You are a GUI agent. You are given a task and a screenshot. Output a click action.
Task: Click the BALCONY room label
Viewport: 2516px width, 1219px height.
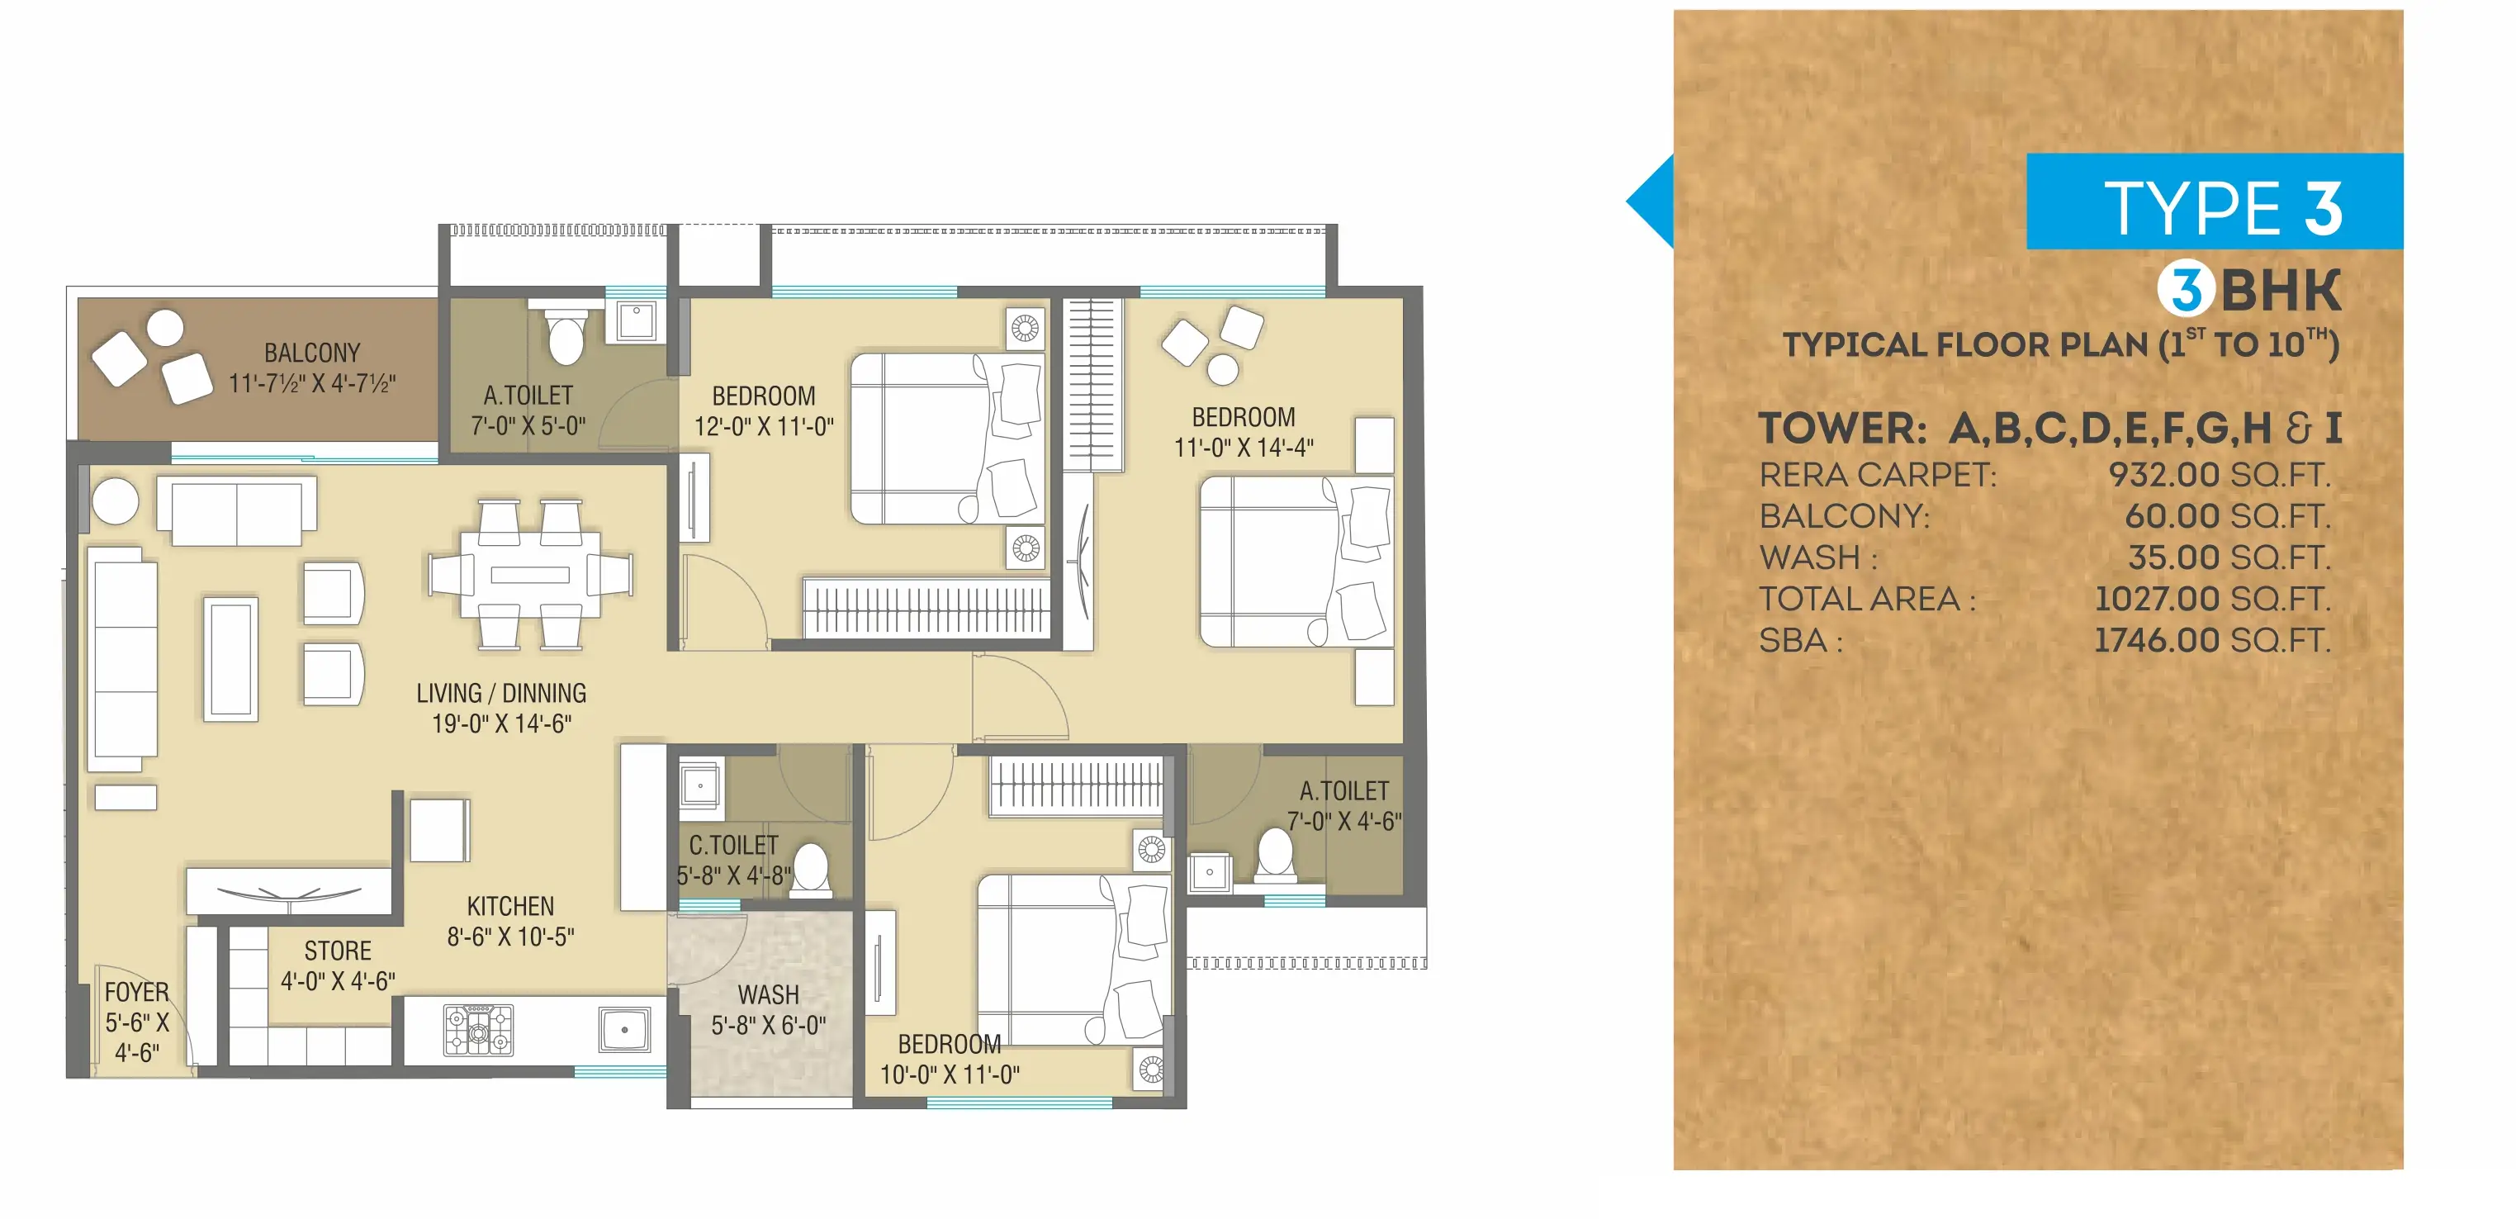click(x=311, y=353)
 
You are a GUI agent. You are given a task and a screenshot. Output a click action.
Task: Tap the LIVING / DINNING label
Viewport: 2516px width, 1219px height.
click(x=501, y=694)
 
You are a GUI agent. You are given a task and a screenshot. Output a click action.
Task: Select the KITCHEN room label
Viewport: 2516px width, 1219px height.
click(x=509, y=907)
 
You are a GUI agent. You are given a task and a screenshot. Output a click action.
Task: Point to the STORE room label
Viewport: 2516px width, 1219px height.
click(x=337, y=951)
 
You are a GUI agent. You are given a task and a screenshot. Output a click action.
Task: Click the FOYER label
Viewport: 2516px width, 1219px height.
click(x=137, y=993)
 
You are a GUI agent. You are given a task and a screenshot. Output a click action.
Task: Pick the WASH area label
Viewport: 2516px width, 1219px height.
click(x=768, y=995)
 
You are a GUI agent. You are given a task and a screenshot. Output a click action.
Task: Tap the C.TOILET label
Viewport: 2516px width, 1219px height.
click(x=733, y=846)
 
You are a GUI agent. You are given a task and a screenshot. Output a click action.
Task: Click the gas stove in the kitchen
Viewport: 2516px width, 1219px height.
click(x=479, y=1031)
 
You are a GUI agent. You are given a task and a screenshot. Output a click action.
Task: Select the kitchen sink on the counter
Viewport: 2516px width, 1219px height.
click(x=624, y=1030)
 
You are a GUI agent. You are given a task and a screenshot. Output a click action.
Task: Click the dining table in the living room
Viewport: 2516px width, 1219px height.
click(x=529, y=574)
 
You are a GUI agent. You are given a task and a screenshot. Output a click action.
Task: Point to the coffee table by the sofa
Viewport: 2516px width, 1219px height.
click(x=231, y=659)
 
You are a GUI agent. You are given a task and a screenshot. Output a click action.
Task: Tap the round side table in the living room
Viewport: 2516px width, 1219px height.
click(x=116, y=502)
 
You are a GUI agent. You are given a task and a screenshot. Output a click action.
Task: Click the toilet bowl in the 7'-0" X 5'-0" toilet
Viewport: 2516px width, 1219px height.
click(x=566, y=334)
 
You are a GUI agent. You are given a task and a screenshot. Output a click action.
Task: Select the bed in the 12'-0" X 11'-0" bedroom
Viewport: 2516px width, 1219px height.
click(x=946, y=439)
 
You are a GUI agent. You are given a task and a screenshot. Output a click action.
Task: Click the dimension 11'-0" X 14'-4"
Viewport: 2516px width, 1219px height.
click(x=1244, y=448)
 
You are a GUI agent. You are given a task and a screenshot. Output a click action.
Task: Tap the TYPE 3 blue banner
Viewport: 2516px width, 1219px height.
click(x=2215, y=202)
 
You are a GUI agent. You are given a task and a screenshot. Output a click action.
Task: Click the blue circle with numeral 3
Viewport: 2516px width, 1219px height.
click(x=2186, y=290)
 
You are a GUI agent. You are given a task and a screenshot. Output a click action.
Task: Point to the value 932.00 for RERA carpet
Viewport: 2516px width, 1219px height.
click(x=2163, y=475)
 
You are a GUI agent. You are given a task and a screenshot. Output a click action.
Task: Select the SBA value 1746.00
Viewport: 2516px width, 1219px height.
click(x=2157, y=641)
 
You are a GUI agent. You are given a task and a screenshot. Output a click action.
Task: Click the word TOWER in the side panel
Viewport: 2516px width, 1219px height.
click(x=1842, y=428)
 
